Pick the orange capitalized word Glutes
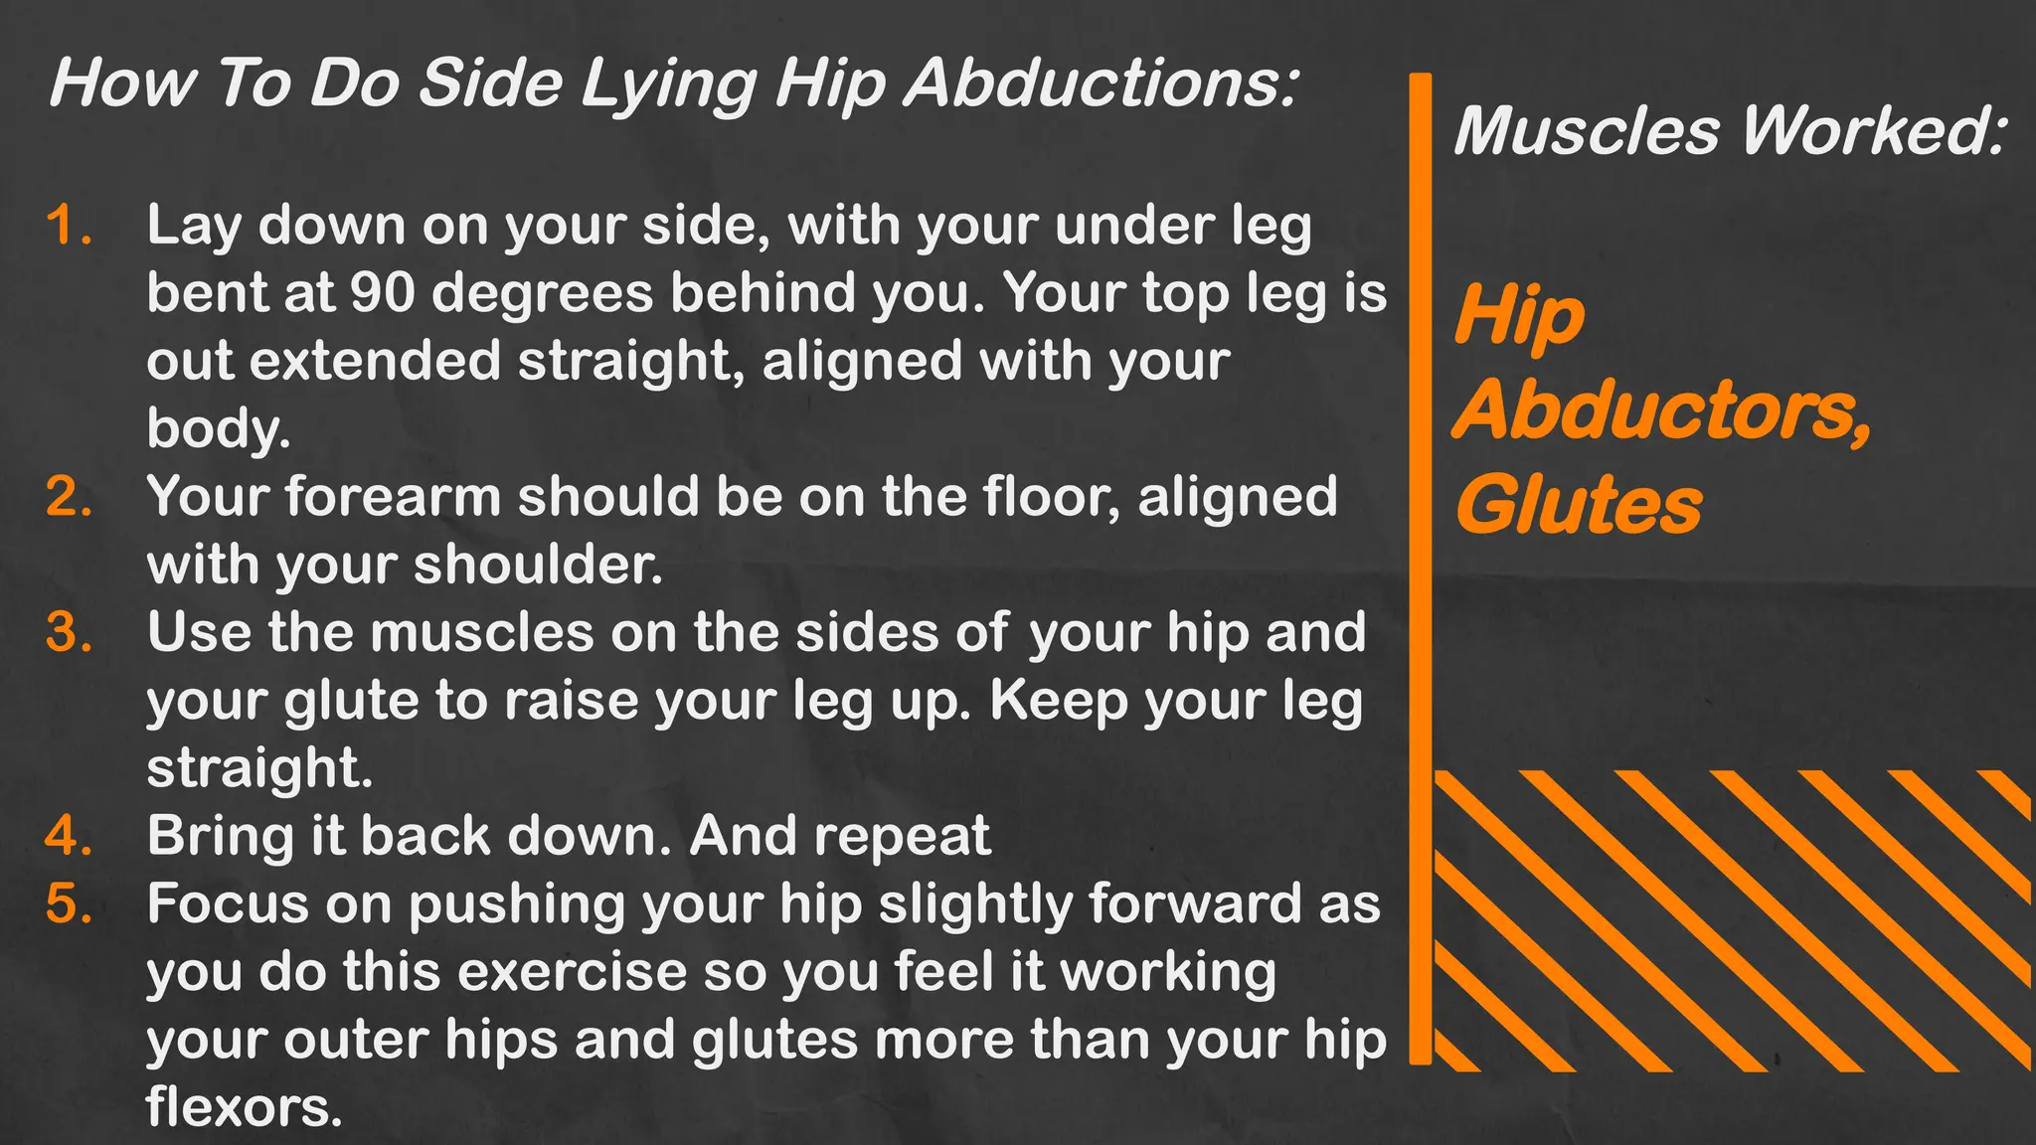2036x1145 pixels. pyautogui.click(x=1579, y=505)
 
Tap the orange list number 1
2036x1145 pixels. pyautogui.click(x=68, y=226)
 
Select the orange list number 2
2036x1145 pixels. pyautogui.click(x=68, y=497)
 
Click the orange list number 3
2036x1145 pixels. pyautogui.click(x=68, y=632)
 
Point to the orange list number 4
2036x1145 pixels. pyautogui.click(x=68, y=836)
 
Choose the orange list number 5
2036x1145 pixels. pyautogui.click(x=68, y=904)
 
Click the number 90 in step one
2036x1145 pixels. pyautogui.click(x=382, y=293)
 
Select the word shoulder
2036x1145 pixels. pyautogui.click(x=537, y=565)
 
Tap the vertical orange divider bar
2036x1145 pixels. pyautogui.click(x=1421, y=567)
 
